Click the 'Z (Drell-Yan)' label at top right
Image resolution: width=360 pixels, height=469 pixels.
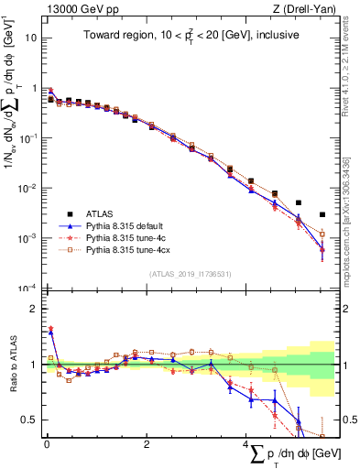[x=307, y=8]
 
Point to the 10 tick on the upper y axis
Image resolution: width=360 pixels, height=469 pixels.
[x=31, y=38]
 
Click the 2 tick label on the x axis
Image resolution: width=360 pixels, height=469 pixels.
[x=147, y=445]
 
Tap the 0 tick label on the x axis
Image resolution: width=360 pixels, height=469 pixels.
[x=47, y=445]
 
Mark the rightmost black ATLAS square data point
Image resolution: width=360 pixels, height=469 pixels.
[x=322, y=215]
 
